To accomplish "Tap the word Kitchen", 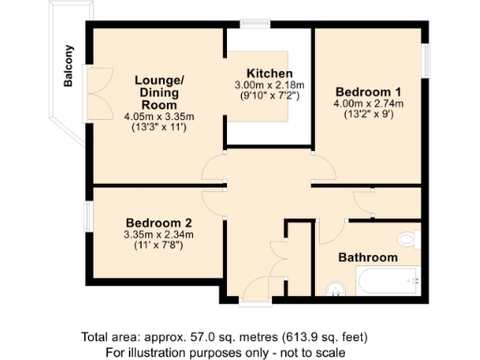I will (x=270, y=73).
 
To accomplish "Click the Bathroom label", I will (x=367, y=257).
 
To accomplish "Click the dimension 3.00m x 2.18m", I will (x=270, y=84).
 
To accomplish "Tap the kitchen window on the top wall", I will (x=254, y=24).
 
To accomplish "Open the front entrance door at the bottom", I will (x=253, y=287).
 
